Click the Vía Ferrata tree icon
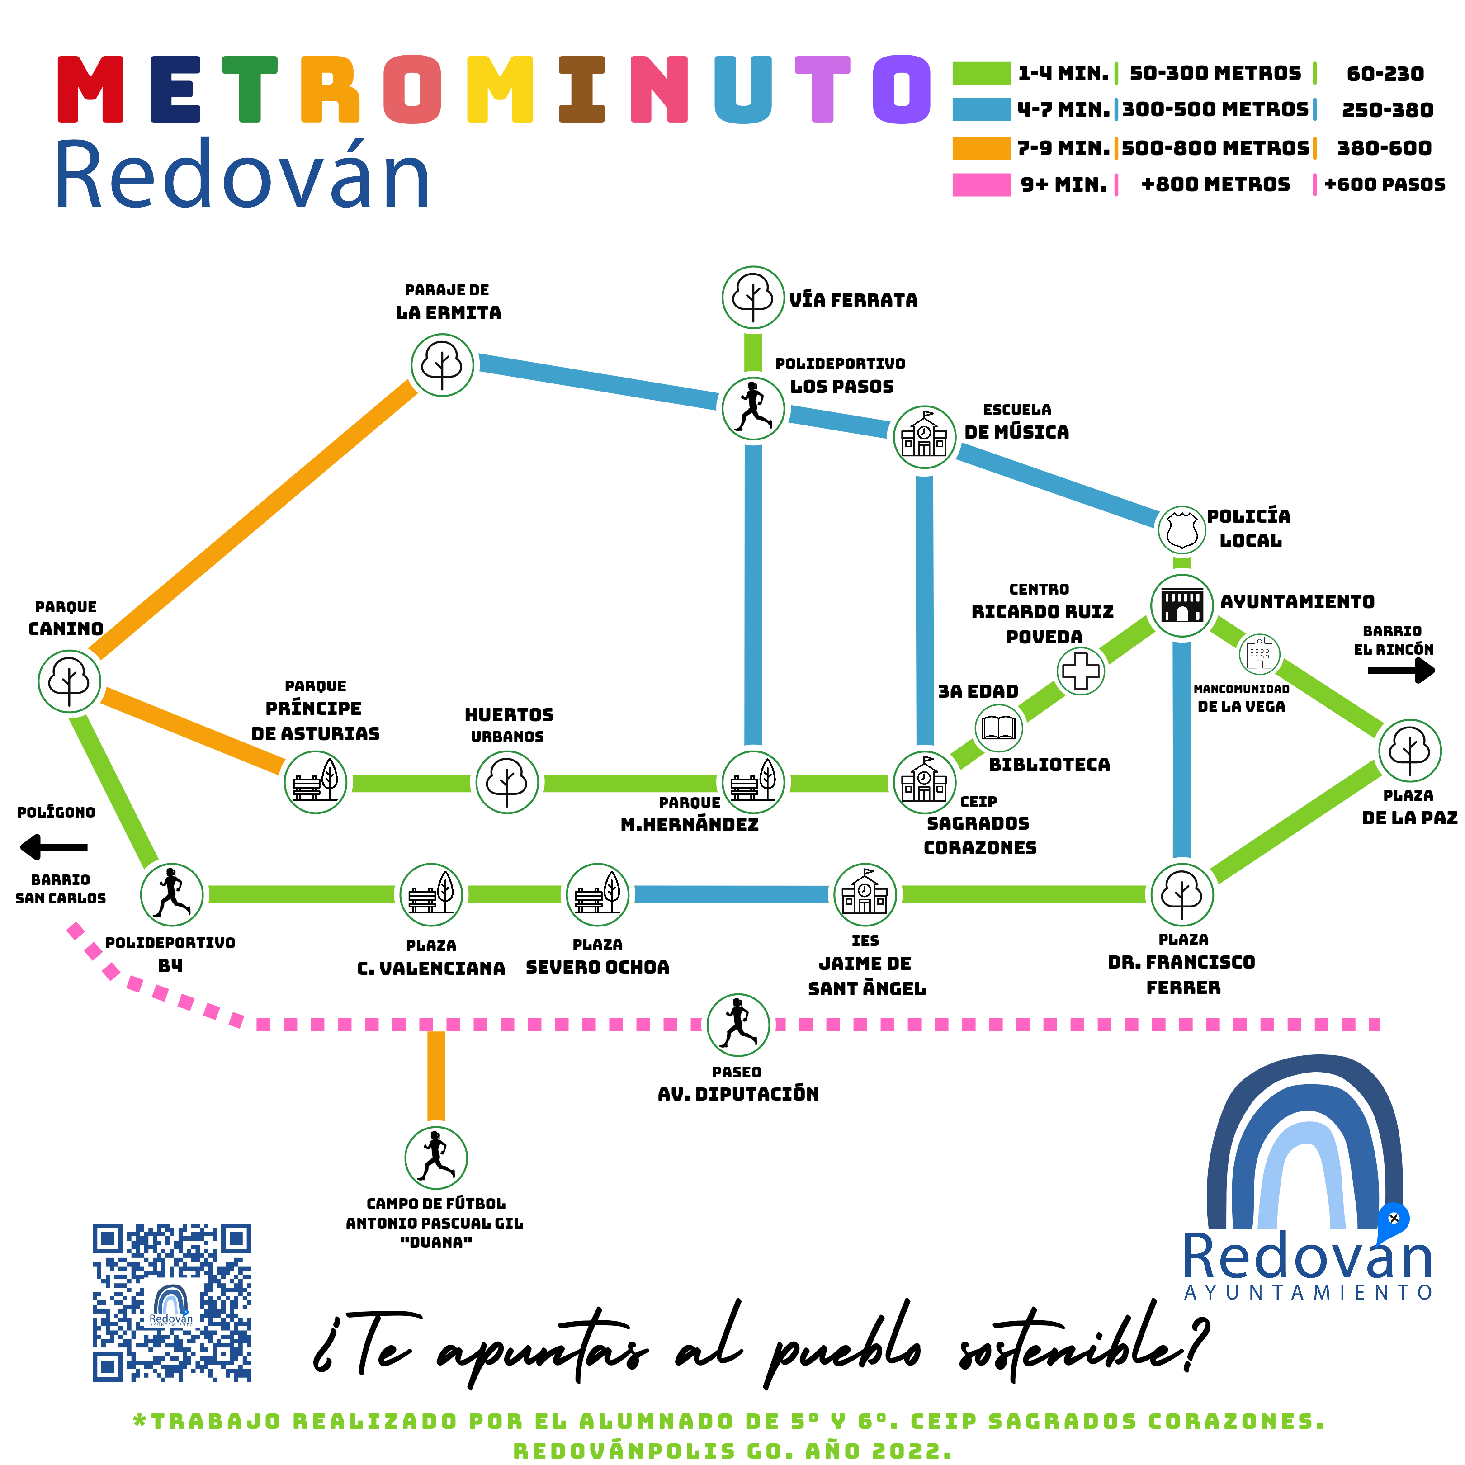click(x=752, y=297)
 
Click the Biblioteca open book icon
click(x=998, y=728)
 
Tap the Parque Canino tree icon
click(x=69, y=681)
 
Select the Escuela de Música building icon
click(x=924, y=437)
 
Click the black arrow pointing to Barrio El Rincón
click(x=1401, y=670)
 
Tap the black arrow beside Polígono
click(x=53, y=846)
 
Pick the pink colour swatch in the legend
click(x=981, y=184)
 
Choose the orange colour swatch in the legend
click(x=981, y=148)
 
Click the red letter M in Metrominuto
click(x=90, y=90)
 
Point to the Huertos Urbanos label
click(x=509, y=724)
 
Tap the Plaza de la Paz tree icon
click(x=1409, y=750)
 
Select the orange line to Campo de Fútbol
click(x=436, y=1075)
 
